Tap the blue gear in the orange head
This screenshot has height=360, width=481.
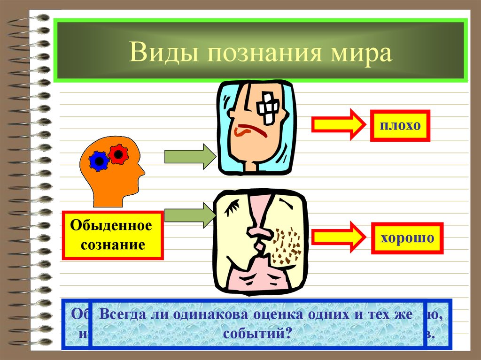[x=100, y=161]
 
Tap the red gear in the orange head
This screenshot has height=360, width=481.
[x=118, y=153]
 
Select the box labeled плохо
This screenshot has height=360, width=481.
[x=400, y=125]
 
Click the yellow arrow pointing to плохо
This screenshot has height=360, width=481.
[x=338, y=124]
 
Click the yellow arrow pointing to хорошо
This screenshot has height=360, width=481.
[x=338, y=237]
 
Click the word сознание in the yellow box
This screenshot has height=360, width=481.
[x=111, y=245]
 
